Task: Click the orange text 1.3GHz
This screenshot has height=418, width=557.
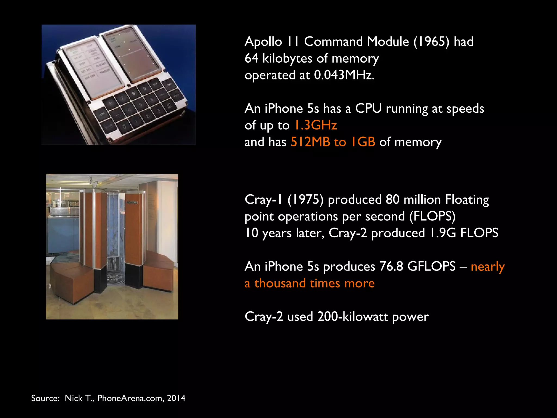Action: coord(316,125)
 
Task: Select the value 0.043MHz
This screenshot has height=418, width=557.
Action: coord(344,75)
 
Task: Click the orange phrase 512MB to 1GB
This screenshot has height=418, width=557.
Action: coord(333,142)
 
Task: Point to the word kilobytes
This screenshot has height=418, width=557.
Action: coord(287,59)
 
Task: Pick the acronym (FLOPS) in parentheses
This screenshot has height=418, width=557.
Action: coord(432,216)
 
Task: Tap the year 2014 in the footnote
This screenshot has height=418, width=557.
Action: coord(176,398)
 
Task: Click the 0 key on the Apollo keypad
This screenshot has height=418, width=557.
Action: coord(124,127)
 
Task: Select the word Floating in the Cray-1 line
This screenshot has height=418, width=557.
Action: coord(467,199)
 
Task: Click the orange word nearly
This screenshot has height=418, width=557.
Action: coord(488,266)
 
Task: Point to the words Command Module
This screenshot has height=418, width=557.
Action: coord(357,42)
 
